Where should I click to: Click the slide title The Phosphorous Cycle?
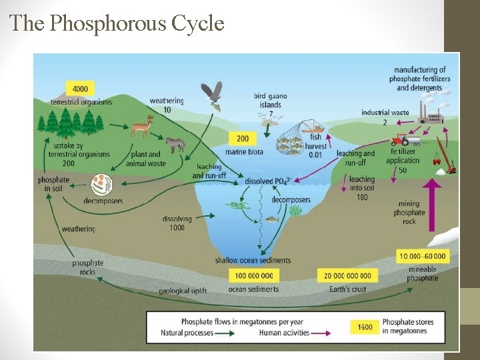click(x=117, y=24)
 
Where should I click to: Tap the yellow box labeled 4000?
click(x=80, y=89)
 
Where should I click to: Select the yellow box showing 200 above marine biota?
click(x=243, y=139)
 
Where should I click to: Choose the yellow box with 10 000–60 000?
click(x=423, y=256)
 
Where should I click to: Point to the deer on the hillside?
click(x=143, y=125)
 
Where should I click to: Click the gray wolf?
click(x=175, y=143)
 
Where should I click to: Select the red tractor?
click(x=401, y=140)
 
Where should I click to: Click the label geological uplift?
click(x=183, y=291)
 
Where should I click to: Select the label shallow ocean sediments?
click(x=253, y=260)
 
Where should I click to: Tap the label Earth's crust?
click(x=347, y=289)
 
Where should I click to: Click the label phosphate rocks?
click(x=88, y=267)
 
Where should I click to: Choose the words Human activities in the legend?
click(x=284, y=333)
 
